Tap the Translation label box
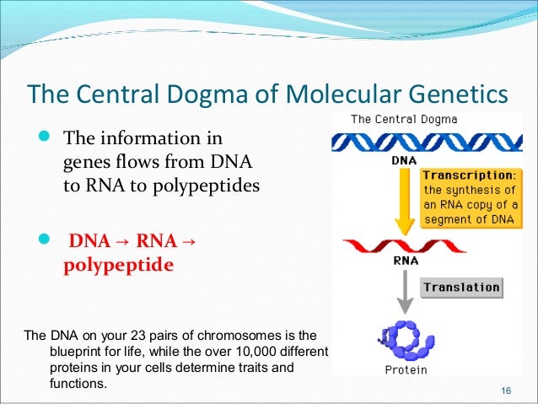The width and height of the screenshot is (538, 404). click(x=461, y=287)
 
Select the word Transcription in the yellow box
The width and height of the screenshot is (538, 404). click(x=463, y=174)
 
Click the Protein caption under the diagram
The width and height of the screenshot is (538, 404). click(x=406, y=369)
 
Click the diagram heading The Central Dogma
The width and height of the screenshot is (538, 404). click(x=404, y=119)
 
